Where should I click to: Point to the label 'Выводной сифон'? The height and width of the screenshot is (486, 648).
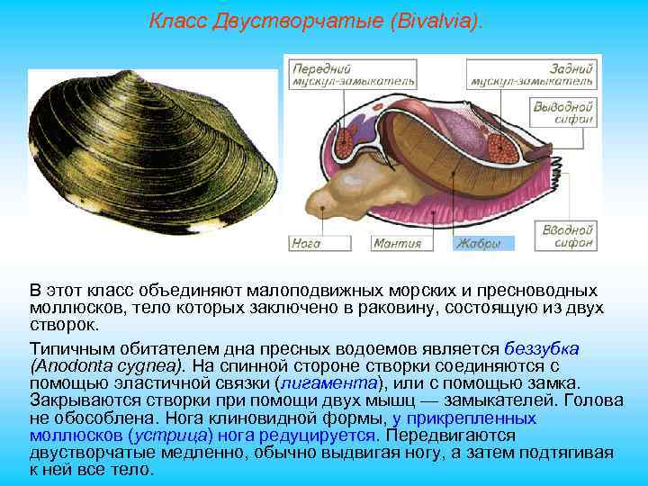pos(564,112)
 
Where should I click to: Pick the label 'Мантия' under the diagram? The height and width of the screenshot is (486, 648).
pos(396,243)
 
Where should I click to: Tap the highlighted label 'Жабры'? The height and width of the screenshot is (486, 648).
pos(481,243)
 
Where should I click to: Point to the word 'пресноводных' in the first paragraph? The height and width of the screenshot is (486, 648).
pos(543,292)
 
